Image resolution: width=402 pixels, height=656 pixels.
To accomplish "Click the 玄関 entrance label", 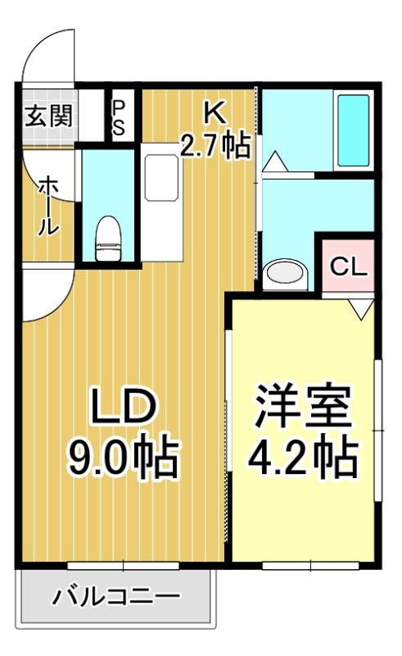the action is point(49,116).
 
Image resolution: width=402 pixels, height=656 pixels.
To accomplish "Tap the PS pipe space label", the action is point(119,117).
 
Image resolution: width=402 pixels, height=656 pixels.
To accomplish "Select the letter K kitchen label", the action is point(215,112).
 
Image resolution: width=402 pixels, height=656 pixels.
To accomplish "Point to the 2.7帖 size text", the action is point(215,145).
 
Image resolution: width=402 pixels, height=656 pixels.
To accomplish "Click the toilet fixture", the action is point(108,238).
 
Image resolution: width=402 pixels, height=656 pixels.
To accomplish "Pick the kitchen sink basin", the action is point(161,178).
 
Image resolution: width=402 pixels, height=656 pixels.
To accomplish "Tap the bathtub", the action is point(353,130).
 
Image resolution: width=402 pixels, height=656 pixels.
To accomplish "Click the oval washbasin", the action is point(286,273).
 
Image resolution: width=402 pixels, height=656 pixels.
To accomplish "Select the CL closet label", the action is point(349,266).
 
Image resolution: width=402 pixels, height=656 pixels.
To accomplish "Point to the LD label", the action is point(124,406).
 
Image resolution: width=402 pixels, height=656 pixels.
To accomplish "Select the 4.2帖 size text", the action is point(303,457).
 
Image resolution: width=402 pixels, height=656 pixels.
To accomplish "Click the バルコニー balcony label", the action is point(116,596).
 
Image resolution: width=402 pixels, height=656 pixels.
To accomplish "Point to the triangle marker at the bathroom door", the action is point(274,161).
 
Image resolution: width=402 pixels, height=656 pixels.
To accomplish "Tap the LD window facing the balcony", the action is point(124,566).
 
